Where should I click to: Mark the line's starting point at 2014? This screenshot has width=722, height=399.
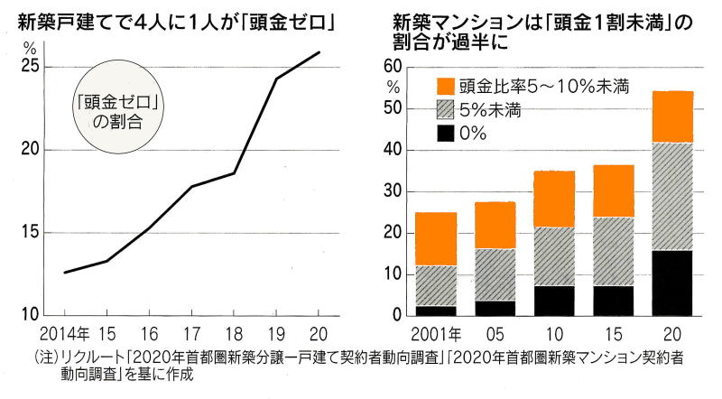[64, 272]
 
